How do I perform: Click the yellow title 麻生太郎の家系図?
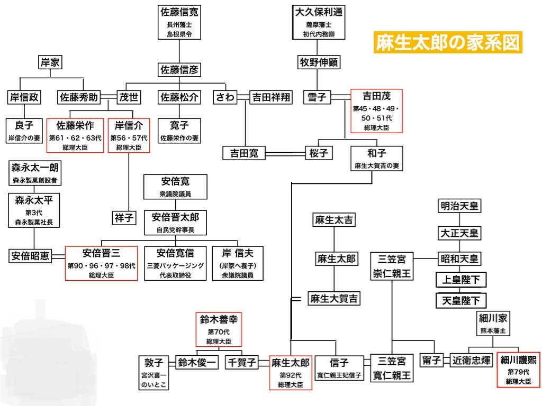(448, 42)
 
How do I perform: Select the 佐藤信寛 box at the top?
(179, 22)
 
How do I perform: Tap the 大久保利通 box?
(318, 22)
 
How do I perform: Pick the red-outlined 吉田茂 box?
(376, 111)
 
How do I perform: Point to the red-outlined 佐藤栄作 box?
(75, 135)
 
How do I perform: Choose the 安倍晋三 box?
(101, 263)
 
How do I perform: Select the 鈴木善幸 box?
(219, 329)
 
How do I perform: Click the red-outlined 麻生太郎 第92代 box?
(291, 373)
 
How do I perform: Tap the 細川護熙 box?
(518, 370)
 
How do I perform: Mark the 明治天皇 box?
(459, 207)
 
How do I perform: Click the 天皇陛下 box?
(461, 300)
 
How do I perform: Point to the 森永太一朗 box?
(34, 173)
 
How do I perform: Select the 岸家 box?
(50, 62)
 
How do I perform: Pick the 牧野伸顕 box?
(318, 62)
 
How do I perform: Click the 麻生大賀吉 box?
(333, 298)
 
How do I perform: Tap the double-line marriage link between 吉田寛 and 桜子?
(285, 153)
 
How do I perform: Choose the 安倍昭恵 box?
(30, 256)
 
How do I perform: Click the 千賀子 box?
(241, 362)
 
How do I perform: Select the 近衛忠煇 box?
(471, 360)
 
